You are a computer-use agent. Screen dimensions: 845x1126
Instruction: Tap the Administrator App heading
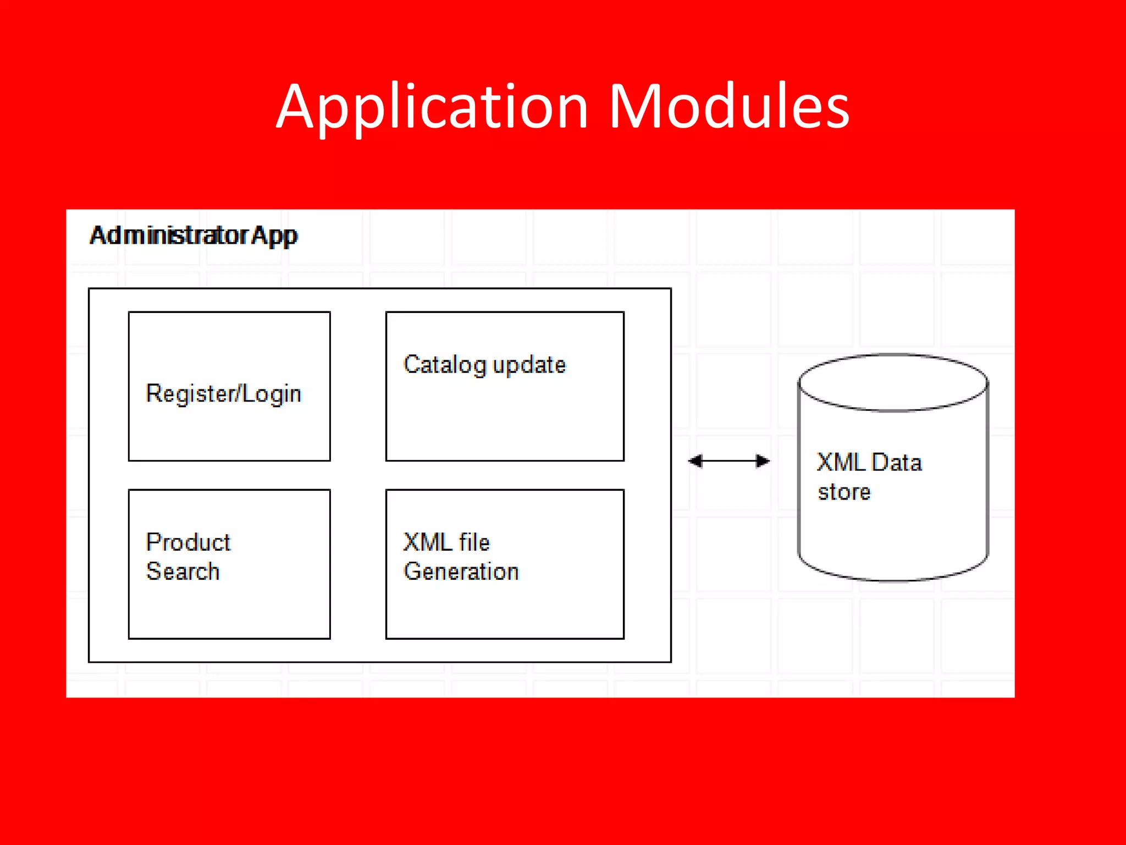[194, 235]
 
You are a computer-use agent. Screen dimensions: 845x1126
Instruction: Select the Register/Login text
[223, 394]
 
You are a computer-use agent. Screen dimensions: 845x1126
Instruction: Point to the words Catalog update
[484, 365]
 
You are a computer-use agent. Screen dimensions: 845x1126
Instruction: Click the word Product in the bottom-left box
[188, 542]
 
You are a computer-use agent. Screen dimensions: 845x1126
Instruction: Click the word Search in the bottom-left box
[183, 572]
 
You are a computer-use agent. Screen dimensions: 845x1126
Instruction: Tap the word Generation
[461, 572]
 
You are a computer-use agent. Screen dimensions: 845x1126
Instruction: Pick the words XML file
[446, 542]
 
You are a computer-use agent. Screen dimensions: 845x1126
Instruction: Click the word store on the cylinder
[844, 492]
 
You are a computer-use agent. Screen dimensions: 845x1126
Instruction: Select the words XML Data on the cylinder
[869, 463]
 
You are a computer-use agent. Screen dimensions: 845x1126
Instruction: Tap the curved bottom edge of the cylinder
[893, 579]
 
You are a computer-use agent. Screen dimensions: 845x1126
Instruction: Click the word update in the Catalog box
[529, 365]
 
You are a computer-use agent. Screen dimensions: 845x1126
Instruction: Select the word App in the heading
[274, 235]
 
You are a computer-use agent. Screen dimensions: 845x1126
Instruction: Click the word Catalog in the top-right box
[445, 365]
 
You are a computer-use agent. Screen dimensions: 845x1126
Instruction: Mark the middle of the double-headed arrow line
[729, 461]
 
